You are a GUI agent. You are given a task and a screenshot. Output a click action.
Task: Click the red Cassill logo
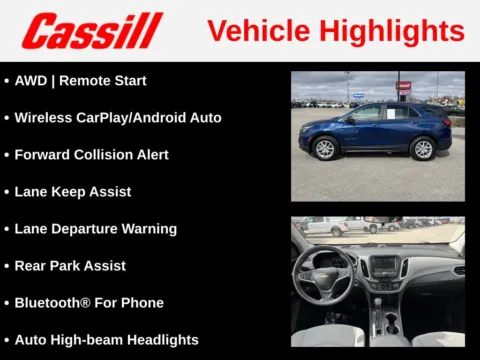coord(92,31)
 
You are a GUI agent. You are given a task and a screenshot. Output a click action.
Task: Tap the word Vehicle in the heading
coord(256,31)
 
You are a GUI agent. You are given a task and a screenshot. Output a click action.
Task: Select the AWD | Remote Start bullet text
coord(80,80)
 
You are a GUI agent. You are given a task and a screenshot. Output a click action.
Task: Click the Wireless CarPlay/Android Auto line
coord(118,117)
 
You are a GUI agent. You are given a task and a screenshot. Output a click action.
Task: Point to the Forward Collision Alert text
coord(91,154)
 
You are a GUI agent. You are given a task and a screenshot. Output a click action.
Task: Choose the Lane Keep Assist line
coord(73,191)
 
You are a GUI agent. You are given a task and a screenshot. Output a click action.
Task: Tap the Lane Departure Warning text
coord(95,228)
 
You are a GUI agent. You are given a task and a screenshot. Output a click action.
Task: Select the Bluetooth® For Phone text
coord(89,302)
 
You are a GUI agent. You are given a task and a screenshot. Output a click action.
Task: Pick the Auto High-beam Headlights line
coord(106,339)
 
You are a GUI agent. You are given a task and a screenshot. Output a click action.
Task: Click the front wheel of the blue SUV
coord(326,149)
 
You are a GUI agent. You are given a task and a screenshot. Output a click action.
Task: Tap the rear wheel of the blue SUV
coord(424,149)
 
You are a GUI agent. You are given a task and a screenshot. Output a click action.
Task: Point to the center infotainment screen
coord(385,267)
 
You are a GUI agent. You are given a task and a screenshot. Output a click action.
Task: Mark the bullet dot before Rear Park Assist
coord(7,266)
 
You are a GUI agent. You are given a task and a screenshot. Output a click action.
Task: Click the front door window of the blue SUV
coord(366,115)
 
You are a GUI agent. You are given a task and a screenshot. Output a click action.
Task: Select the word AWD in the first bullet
coord(31,80)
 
